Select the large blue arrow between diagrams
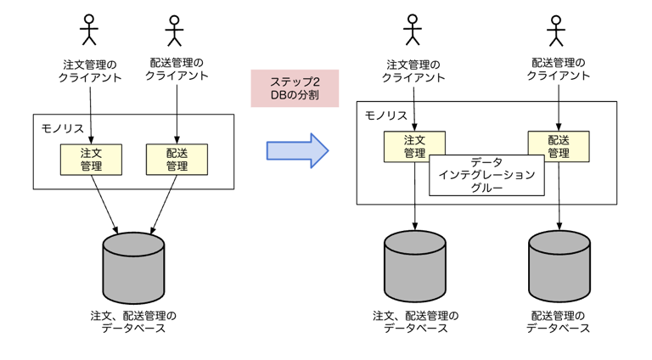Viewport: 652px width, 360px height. click(297, 150)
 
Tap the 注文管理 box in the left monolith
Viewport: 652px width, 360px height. click(91, 159)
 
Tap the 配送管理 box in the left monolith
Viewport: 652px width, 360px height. click(177, 159)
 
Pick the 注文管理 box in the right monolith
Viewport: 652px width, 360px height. click(414, 146)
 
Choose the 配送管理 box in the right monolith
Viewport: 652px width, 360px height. click(558, 146)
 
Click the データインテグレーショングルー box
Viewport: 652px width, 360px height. click(486, 175)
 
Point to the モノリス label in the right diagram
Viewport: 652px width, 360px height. click(386, 115)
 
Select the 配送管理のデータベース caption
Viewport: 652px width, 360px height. click(558, 322)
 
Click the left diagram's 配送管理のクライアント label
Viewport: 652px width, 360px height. click(177, 69)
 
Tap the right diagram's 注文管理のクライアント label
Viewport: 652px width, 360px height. click(413, 70)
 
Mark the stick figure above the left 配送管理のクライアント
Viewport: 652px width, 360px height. click(175, 31)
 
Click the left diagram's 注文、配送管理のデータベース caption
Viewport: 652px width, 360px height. click(133, 322)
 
